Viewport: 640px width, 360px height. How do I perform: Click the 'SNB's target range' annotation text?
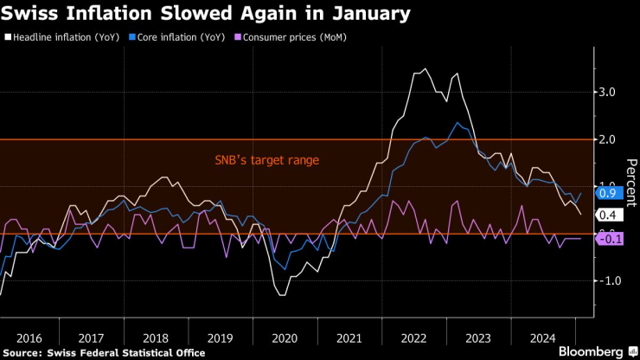tap(266, 160)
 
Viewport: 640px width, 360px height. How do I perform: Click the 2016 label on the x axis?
tap(28, 337)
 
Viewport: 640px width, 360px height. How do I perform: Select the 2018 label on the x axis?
tap(156, 337)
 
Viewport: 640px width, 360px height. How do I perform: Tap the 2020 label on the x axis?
tap(285, 337)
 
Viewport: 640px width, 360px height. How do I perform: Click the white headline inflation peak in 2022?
tap(424, 69)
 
